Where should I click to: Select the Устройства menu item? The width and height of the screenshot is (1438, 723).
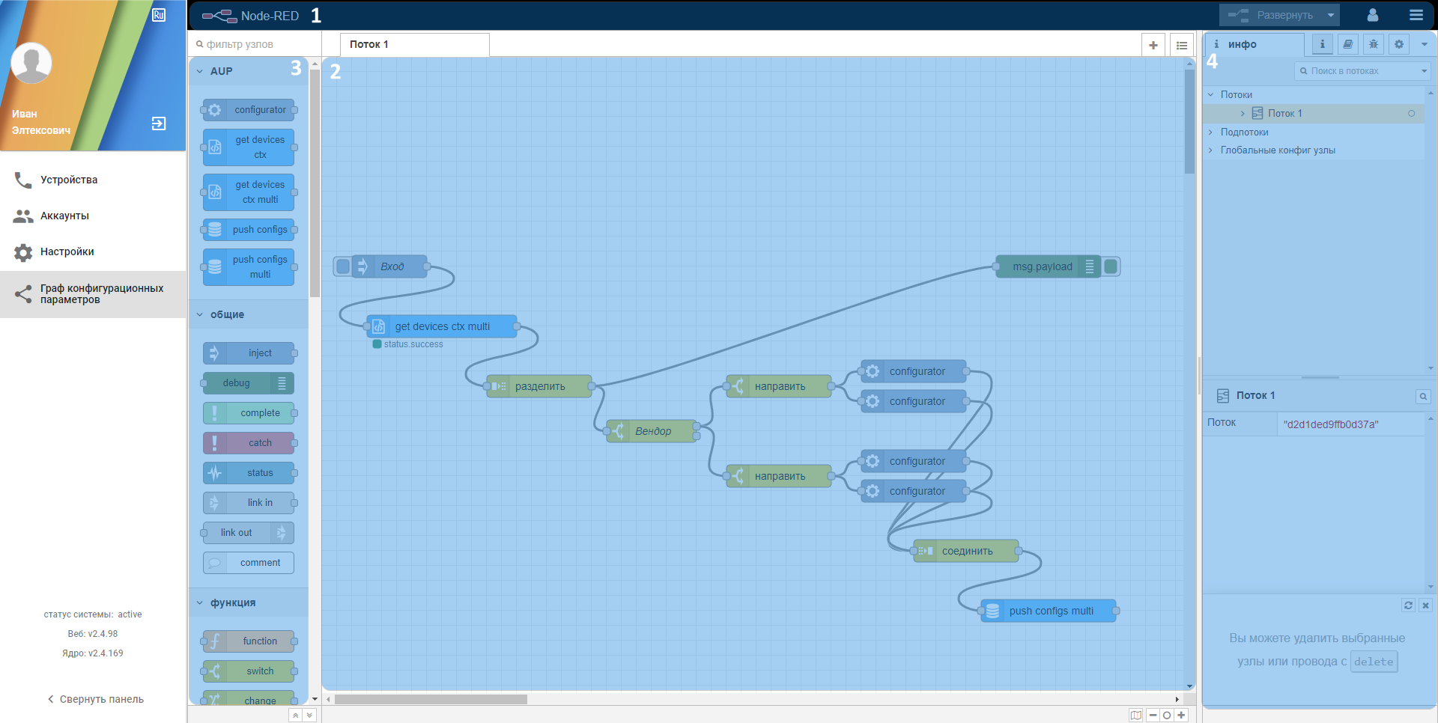[69, 180]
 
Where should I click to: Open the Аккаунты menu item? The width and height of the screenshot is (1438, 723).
[64, 216]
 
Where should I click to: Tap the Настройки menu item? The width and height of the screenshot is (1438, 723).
[67, 251]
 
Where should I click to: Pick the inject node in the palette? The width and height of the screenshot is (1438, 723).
[249, 353]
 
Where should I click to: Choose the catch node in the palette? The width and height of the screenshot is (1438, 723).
[249, 443]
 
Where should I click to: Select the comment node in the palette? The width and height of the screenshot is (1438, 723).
[249, 563]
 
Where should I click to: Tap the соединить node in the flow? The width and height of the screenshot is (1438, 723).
[966, 551]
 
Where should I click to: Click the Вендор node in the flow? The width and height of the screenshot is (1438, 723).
[652, 431]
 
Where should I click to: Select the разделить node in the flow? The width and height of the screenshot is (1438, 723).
[539, 386]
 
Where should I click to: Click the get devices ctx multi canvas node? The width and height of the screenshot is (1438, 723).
[442, 326]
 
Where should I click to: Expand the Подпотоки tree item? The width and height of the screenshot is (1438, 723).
[1244, 132]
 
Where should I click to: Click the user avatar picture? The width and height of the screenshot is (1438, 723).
[31, 63]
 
